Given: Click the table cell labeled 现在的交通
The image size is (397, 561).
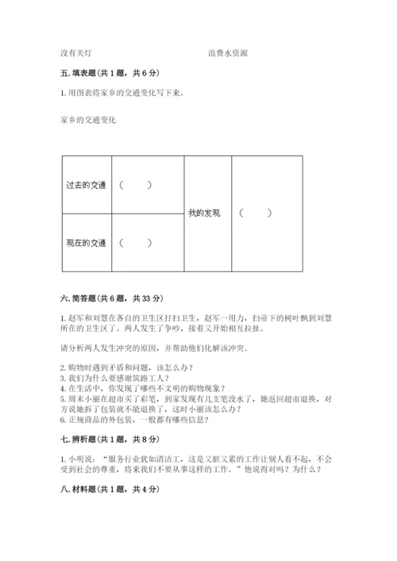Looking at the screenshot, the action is click(87, 242).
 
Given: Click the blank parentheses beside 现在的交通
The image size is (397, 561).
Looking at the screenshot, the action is click(135, 242).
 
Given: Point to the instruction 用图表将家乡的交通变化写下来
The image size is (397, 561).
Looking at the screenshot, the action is click(121, 94).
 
